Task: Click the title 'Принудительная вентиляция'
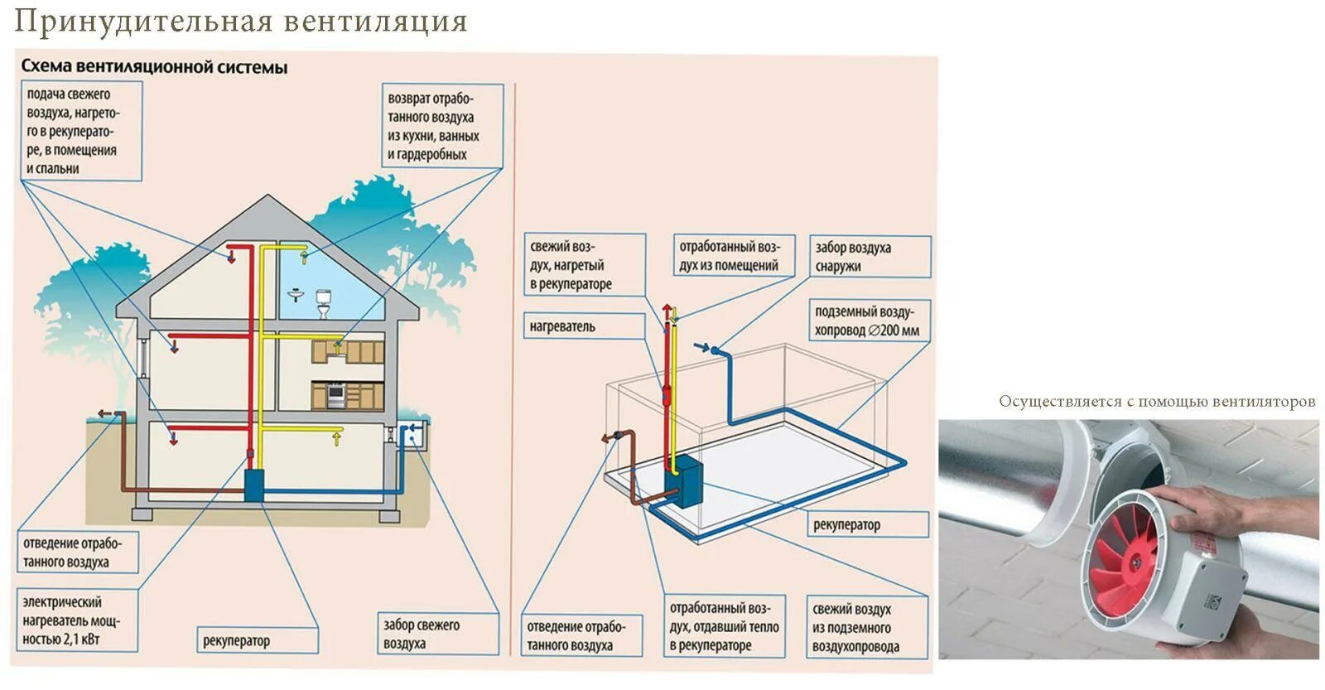point(240,21)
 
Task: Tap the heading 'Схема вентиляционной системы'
point(154,67)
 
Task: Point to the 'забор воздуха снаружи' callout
point(869,257)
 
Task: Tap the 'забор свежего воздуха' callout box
point(438,635)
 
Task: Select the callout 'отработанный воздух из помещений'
point(729,256)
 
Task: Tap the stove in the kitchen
point(336,396)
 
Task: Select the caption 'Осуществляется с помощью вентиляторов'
point(1156,402)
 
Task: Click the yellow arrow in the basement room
point(337,435)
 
